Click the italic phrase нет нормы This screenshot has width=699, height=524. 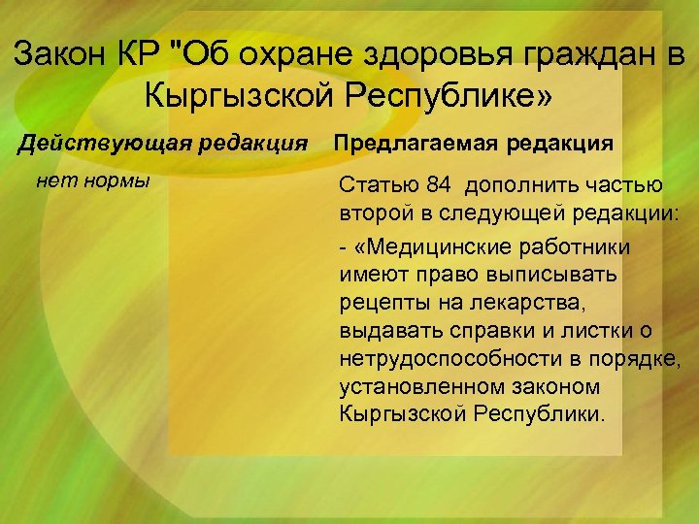[92, 179]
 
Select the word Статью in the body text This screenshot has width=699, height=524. [373, 185]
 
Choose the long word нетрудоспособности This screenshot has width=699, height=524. [452, 359]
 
